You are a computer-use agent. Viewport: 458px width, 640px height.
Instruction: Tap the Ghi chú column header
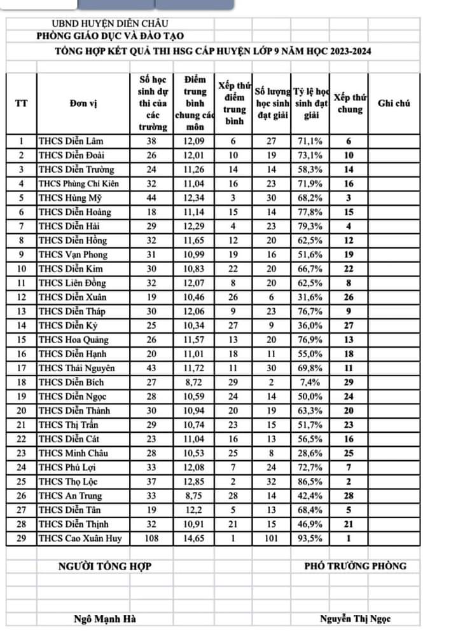point(393,103)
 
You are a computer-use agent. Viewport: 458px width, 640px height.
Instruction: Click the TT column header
point(21,103)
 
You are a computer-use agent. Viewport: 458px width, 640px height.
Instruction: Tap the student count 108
point(153,539)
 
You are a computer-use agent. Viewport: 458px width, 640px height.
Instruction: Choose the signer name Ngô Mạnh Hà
point(105,619)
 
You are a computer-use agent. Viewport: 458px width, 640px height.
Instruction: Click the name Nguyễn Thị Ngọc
point(356,619)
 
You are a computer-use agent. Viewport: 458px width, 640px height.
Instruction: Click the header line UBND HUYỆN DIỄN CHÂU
point(102,24)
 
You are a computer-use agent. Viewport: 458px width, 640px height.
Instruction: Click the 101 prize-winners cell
point(272,539)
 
